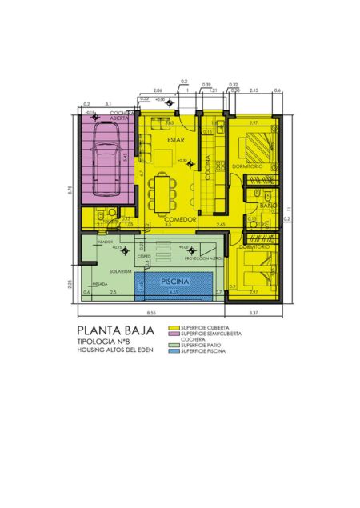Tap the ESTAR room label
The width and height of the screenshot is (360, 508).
pyautogui.click(x=176, y=140)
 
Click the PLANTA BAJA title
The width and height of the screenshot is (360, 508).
pyautogui.click(x=110, y=330)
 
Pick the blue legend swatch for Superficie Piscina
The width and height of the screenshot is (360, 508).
pyautogui.click(x=174, y=350)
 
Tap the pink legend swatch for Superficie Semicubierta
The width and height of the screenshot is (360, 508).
pyautogui.click(x=174, y=334)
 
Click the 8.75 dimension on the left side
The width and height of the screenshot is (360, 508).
pyautogui.click(x=70, y=190)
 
